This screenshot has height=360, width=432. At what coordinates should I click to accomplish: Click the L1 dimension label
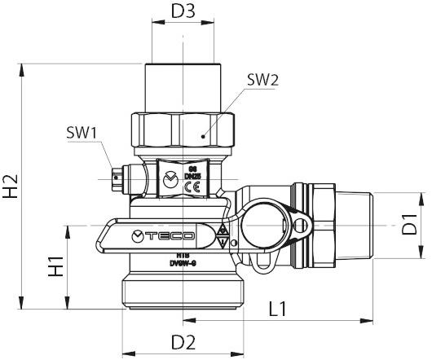tap(278, 309)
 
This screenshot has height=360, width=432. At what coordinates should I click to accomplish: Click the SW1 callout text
tap(82, 132)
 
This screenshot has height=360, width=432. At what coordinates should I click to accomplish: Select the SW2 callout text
tap(262, 80)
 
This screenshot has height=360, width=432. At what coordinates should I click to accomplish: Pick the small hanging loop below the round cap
tap(262, 262)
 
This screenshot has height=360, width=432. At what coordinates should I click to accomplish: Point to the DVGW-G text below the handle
tap(180, 263)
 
